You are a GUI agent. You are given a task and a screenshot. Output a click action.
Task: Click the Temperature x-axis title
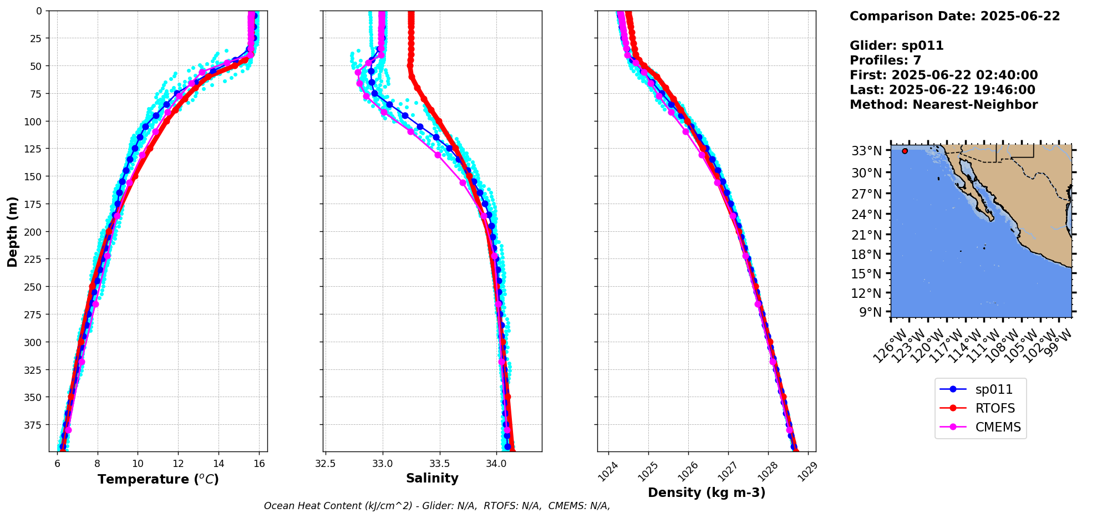tap(158, 479)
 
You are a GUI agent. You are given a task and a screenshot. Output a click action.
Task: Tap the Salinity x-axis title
tap(432, 478)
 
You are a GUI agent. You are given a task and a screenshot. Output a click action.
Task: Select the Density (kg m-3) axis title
tap(706, 492)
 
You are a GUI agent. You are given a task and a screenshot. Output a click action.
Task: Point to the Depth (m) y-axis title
tap(12, 231)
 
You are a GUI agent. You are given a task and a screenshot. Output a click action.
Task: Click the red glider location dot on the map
tap(905, 151)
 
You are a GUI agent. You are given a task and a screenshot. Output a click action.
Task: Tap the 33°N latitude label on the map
tap(866, 151)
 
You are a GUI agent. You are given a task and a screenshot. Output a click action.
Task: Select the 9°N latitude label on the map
tap(870, 312)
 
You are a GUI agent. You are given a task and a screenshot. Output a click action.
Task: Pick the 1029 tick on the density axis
tap(808, 469)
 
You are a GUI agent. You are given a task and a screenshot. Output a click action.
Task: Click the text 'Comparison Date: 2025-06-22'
tap(954, 16)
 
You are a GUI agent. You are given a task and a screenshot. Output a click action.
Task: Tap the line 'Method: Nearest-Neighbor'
tap(943, 105)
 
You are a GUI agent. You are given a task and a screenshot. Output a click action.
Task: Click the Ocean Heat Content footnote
tap(436, 506)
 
